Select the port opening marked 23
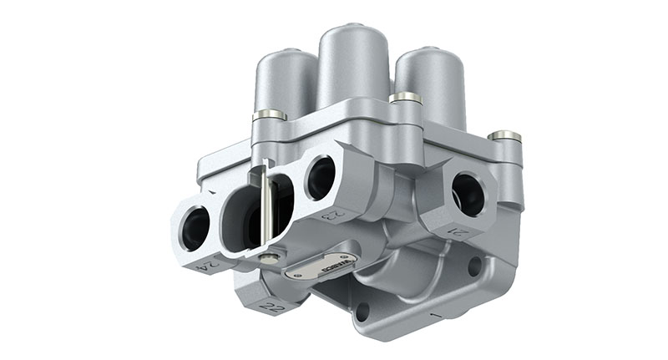tap(320, 178)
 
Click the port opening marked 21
tap(467, 195)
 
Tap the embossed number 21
tap(458, 232)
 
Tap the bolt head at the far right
tap(504, 134)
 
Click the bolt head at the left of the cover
tap(269, 114)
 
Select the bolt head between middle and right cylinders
tap(405, 99)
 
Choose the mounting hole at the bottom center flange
tap(362, 312)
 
